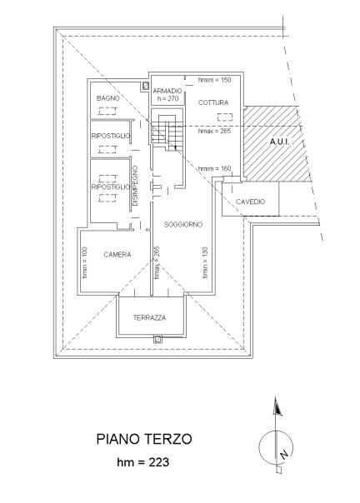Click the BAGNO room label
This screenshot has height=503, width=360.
(x=107, y=98)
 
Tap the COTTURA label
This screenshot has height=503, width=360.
(x=213, y=102)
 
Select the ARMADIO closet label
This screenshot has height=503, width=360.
(x=167, y=91)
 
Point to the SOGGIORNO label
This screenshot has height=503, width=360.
(x=183, y=225)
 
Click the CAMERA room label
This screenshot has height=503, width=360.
(x=117, y=255)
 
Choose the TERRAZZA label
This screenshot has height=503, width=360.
(x=150, y=318)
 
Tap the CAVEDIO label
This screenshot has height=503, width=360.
(x=251, y=202)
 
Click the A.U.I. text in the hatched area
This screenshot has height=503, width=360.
(x=280, y=142)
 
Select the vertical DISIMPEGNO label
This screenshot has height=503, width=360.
(x=135, y=186)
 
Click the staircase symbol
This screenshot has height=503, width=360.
(x=167, y=132)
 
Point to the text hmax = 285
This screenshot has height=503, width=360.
(x=214, y=131)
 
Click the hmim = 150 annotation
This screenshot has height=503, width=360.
(x=214, y=80)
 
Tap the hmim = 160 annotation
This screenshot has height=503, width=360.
(x=214, y=168)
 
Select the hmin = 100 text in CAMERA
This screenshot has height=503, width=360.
(x=85, y=262)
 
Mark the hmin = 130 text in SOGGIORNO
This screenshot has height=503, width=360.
(x=205, y=262)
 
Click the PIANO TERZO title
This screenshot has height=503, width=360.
(x=144, y=439)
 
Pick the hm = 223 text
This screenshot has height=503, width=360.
(x=142, y=462)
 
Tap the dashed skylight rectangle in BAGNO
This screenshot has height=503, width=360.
(x=107, y=112)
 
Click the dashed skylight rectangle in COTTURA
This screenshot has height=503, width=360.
(x=225, y=117)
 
